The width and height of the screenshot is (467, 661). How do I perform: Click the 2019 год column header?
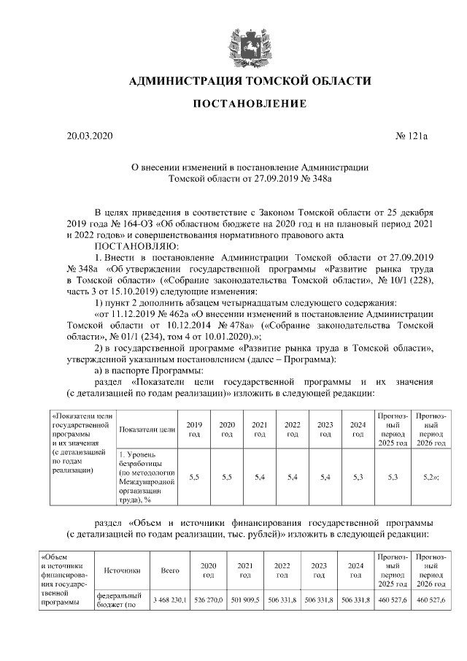coord(194,429)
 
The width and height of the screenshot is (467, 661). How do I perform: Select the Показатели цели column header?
coord(147,429)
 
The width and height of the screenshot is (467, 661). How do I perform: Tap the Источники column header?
coord(123,570)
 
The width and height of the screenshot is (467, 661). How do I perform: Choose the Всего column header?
coord(169,570)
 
